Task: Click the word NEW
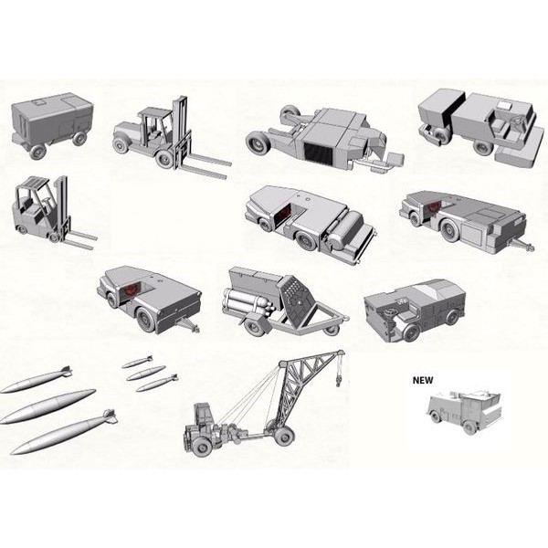click(x=423, y=380)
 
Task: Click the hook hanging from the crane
click(x=338, y=380)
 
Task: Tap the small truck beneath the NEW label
click(x=464, y=413)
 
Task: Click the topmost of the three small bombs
click(x=137, y=362)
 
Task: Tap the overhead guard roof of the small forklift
click(x=35, y=184)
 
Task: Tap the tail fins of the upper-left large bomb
click(x=66, y=371)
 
